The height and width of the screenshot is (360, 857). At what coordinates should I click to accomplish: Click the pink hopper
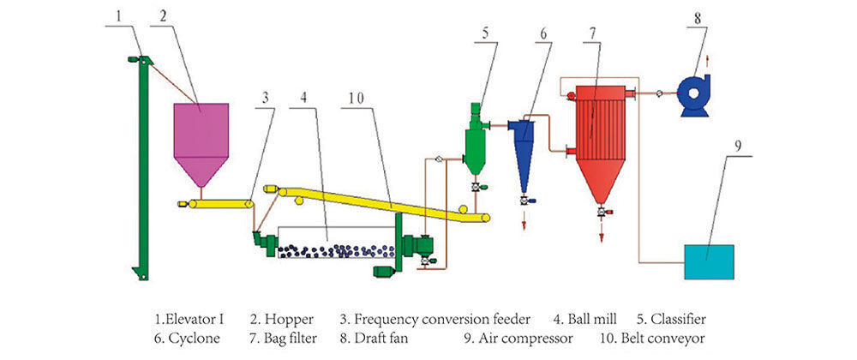coord(201,133)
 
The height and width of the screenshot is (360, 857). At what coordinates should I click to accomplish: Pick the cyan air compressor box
coord(708,261)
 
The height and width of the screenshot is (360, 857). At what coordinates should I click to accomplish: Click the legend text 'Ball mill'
coord(612,319)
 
